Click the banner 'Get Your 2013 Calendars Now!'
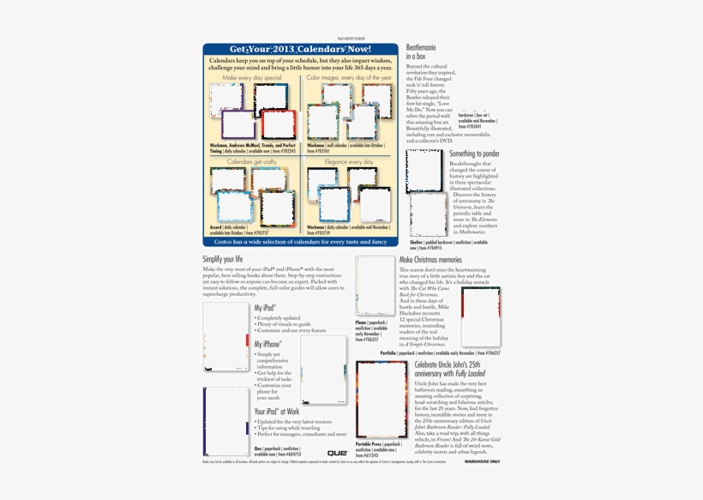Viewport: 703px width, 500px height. click(300, 50)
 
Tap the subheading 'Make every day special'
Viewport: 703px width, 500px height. click(251, 78)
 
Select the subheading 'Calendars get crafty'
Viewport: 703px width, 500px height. click(251, 161)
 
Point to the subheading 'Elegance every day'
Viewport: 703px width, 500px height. click(348, 161)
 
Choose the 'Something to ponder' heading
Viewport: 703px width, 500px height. click(474, 154)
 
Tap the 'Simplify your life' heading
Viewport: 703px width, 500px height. click(223, 259)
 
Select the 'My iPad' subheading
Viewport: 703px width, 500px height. click(265, 307)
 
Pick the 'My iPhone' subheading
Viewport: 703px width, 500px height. click(267, 344)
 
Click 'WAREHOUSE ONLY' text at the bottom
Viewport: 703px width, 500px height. click(482, 461)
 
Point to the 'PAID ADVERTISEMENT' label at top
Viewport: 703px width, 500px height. click(351, 39)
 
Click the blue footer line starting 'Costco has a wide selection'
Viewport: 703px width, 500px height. click(300, 242)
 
